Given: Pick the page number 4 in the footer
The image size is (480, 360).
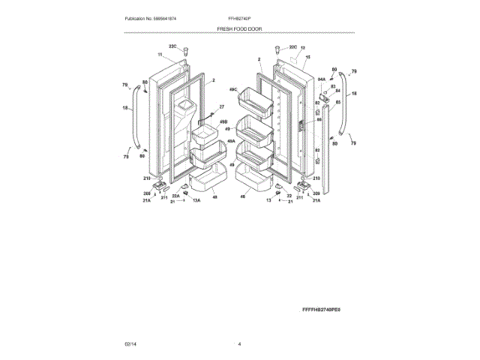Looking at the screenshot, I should point(239,343).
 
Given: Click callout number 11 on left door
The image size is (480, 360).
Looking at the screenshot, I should point(160,55).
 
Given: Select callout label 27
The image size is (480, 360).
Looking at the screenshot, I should point(221,107).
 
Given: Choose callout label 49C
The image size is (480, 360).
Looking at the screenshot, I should point(233,89).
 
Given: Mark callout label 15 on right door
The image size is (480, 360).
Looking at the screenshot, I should point(307,57).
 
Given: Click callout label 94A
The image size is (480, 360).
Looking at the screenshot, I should point(321,77).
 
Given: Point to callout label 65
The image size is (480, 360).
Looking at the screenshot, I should point(337,101).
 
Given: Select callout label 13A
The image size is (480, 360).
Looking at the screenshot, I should point(196,201).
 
